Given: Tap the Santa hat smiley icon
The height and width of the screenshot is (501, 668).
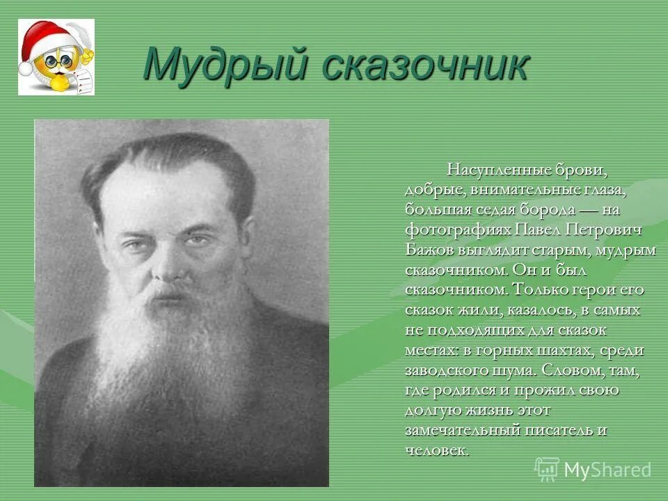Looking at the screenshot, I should pos(56,57).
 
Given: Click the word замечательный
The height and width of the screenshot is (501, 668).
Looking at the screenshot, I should pos(464,430).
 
